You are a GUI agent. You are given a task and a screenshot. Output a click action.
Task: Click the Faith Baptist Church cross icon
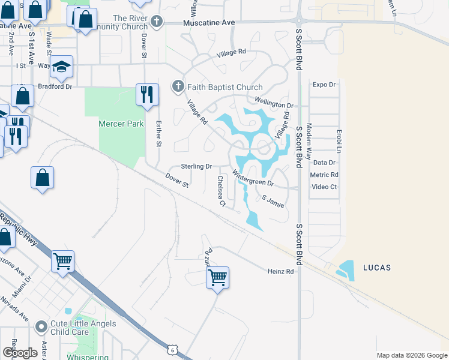coord(178,87)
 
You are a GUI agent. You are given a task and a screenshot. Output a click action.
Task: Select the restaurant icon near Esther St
coord(147,94)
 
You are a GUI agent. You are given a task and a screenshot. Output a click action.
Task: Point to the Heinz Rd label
coord(280,272)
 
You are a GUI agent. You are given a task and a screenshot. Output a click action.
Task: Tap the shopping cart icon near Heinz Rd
coord(217,277)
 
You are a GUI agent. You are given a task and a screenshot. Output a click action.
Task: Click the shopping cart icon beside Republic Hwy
coord(62,261)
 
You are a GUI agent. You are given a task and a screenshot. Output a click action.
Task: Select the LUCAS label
coord(377,267)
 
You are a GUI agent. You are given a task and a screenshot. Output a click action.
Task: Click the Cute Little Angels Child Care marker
coord(41,327)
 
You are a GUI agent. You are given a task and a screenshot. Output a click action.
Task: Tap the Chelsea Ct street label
coord(221,191)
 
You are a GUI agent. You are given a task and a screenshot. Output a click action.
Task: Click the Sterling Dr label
coord(196,166)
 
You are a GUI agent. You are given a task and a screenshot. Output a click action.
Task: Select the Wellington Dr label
coord(273,103)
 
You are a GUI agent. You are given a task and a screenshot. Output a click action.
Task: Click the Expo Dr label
coord(324,85)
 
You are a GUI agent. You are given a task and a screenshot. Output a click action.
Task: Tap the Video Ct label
coord(324,187)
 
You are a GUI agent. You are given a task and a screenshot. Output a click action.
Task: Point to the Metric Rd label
coord(324,175)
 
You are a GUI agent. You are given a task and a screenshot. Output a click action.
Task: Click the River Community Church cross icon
coord(156,22)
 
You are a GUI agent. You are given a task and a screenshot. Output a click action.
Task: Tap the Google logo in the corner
coord(20,353)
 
